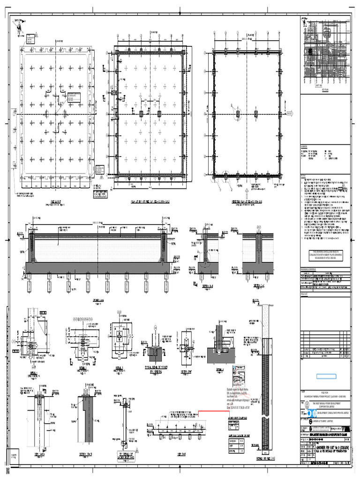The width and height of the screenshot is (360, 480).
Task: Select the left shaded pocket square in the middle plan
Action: click(141, 114)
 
